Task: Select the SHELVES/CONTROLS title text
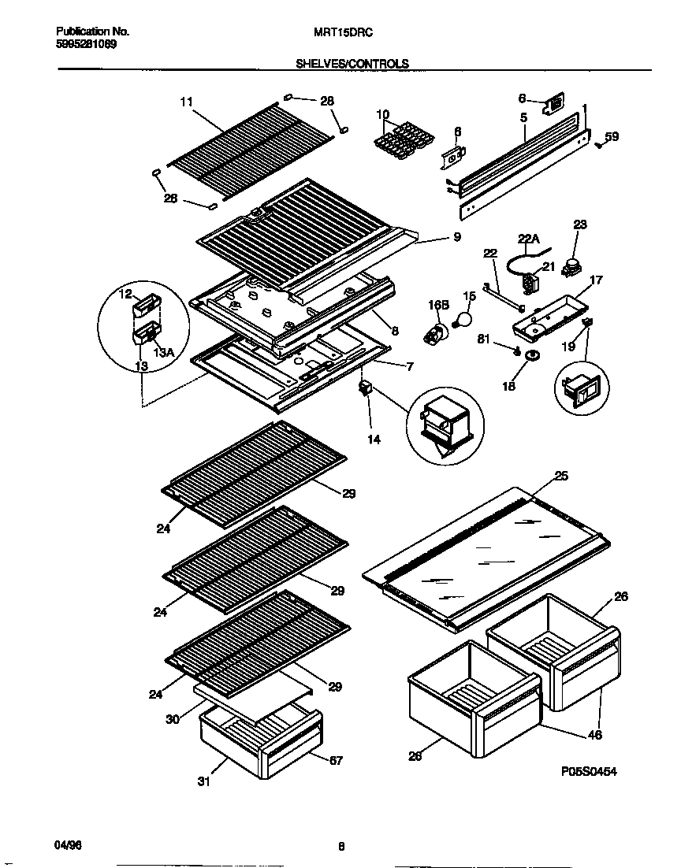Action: click(x=352, y=63)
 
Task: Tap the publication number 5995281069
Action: click(x=87, y=44)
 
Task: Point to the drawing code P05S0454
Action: click(x=588, y=772)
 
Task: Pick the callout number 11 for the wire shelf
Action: click(x=186, y=102)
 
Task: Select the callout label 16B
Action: click(x=437, y=303)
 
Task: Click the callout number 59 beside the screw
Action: click(x=612, y=136)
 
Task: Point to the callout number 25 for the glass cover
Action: click(x=561, y=475)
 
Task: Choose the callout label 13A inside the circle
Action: click(x=163, y=353)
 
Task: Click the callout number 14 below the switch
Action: click(x=374, y=440)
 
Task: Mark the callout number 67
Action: click(x=336, y=760)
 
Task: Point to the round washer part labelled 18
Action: click(x=533, y=357)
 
